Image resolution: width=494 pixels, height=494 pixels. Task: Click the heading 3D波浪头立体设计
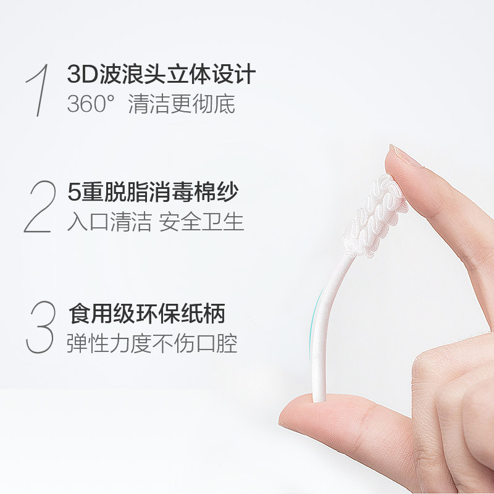[161, 75]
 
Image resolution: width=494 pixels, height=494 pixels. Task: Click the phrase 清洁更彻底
[182, 104]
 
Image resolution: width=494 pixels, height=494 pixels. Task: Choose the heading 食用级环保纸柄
[146, 314]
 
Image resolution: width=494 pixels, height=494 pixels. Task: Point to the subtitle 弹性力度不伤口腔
[152, 343]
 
